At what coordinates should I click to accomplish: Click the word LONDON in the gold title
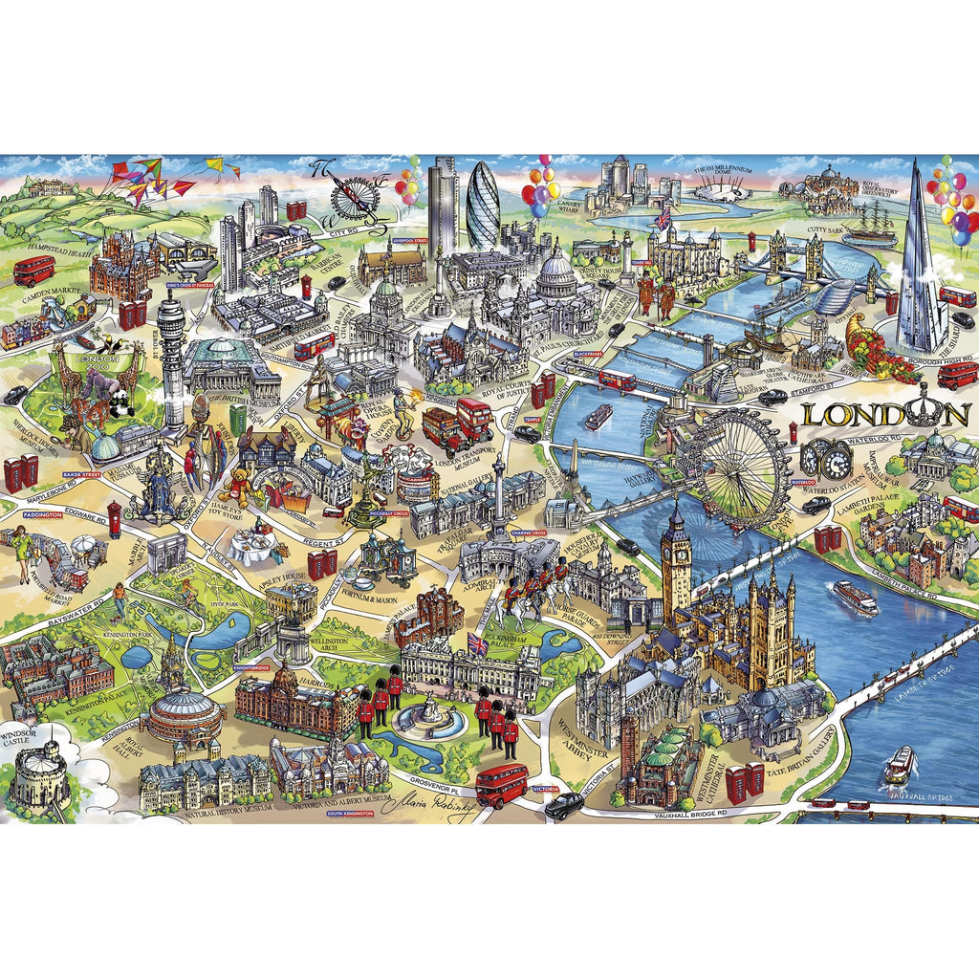pyautogui.click(x=885, y=414)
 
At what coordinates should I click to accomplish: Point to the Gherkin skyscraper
pyautogui.click(x=483, y=207)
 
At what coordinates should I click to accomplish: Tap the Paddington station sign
pyautogui.click(x=42, y=514)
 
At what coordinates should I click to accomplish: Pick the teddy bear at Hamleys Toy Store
pyautogui.click(x=237, y=487)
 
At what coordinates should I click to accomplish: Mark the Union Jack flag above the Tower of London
pyautogui.click(x=662, y=217)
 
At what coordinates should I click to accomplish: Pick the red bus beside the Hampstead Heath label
pyautogui.click(x=33, y=271)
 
